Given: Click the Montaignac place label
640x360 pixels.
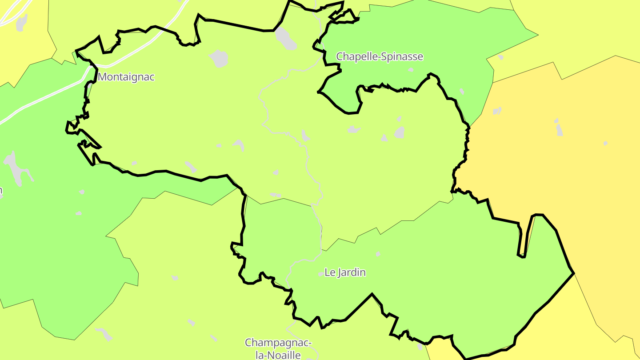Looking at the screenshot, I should (126, 77).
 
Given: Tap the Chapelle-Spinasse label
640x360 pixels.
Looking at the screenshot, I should (380, 57).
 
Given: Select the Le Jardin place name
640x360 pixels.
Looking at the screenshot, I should (345, 272).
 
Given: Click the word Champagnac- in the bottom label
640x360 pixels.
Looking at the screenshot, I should (278, 343).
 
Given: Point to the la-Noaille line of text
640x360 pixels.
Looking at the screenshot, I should (278, 355).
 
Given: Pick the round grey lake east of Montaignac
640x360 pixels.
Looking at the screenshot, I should (219, 59).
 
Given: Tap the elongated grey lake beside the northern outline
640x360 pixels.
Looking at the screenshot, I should (285, 38).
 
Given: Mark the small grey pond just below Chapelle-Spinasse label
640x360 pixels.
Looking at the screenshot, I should (411, 70).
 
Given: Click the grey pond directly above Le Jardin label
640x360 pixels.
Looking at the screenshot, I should (378, 254).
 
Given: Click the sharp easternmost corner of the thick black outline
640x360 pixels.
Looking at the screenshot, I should (573, 272).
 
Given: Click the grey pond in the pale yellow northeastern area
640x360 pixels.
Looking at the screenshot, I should (501, 57).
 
